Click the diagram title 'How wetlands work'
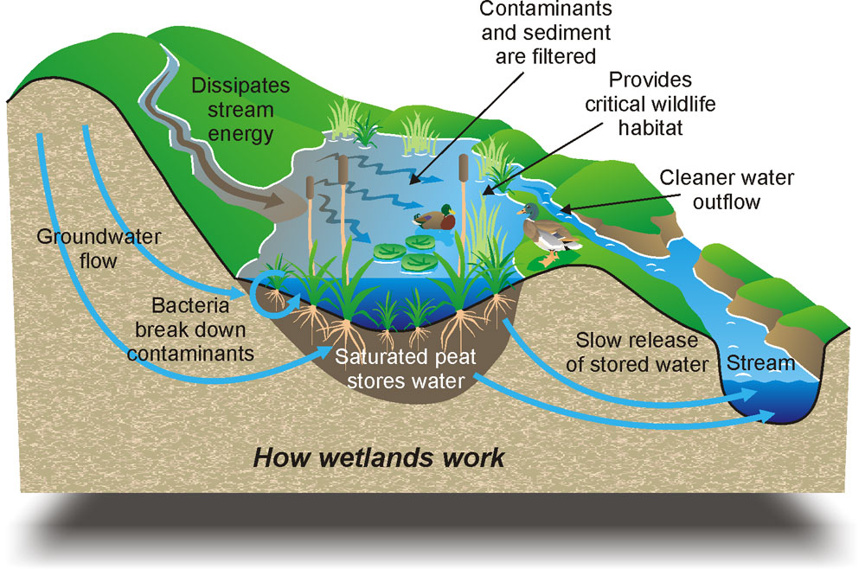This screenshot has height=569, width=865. (x=378, y=457)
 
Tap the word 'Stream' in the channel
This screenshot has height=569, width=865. (x=760, y=363)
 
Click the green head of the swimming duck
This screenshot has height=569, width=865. (x=447, y=209)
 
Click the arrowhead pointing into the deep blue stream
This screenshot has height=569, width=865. (x=765, y=415)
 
